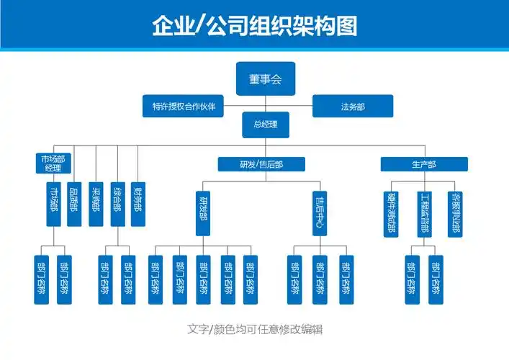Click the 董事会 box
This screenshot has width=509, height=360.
click(265, 78)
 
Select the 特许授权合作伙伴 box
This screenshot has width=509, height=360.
click(183, 107)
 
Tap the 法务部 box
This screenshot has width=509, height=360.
click(353, 107)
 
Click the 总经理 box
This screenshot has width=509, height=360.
click(265, 124)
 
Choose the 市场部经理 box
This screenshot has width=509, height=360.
click(53, 163)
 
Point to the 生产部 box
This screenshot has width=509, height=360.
click(424, 164)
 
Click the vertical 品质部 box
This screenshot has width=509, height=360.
click(74, 204)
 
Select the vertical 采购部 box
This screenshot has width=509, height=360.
click(96, 204)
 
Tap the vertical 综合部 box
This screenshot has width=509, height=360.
click(117, 204)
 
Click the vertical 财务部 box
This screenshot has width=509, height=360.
click(138, 204)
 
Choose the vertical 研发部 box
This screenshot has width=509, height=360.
click(204, 212)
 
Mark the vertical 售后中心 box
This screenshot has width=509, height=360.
click(320, 212)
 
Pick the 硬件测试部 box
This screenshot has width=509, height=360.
click(391, 212)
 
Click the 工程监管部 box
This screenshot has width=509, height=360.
click(424, 212)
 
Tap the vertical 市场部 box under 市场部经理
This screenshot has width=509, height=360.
click(53, 204)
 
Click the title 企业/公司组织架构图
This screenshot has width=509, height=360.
click(254, 26)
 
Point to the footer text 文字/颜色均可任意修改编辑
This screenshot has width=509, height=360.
click(254, 329)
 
